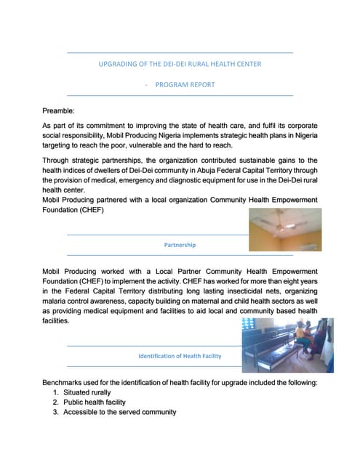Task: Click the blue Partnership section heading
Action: [x=180, y=245]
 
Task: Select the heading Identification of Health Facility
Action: [x=180, y=356]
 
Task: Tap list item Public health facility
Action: [x=95, y=402]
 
